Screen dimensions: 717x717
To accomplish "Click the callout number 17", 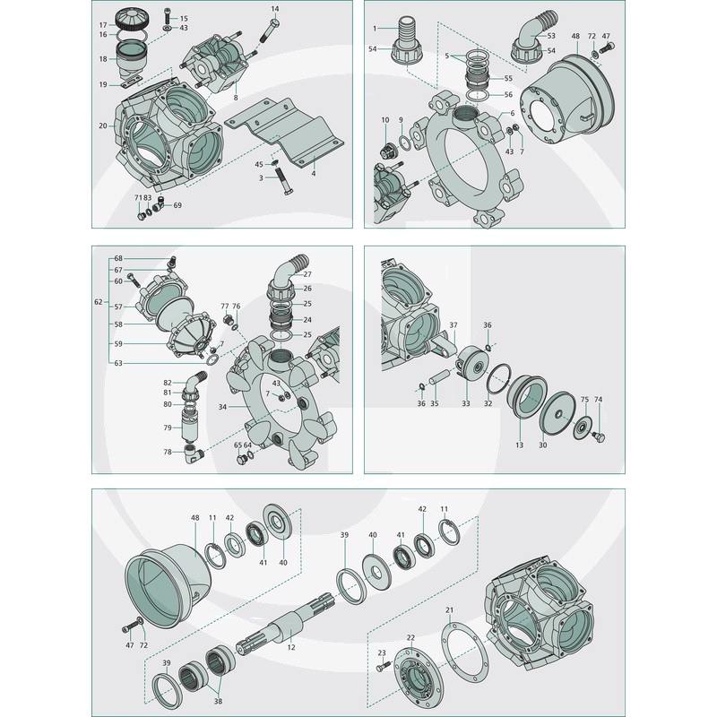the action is (103, 25).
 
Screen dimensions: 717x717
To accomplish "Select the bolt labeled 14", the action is (270, 31).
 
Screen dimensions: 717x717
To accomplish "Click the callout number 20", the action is (103, 125).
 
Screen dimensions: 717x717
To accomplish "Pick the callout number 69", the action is (177, 205).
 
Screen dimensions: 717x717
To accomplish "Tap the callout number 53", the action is (551, 36).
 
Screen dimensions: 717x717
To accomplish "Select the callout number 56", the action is (508, 95).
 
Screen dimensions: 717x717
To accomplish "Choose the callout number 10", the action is (385, 120).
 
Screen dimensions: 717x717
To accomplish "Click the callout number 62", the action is (99, 302).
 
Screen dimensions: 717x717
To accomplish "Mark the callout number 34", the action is (222, 407).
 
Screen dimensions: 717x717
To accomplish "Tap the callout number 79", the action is (168, 428).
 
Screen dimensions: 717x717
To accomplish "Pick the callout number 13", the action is (519, 445).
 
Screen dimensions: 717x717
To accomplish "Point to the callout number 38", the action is (218, 701).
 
